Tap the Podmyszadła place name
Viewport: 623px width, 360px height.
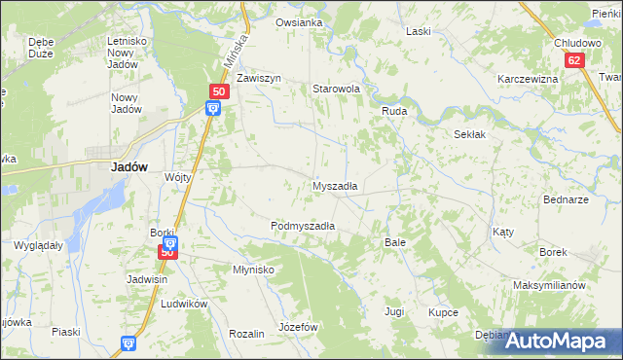pyautogui.click(x=303, y=226)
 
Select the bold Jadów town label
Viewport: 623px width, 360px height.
pyautogui.click(x=129, y=166)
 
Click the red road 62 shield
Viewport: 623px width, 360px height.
pyautogui.click(x=575, y=60)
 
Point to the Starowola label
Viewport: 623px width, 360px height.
pyautogui.click(x=336, y=89)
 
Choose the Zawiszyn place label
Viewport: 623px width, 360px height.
pyautogui.click(x=258, y=78)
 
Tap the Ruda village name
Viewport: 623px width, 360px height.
pyautogui.click(x=393, y=112)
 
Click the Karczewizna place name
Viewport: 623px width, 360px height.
pyautogui.click(x=527, y=79)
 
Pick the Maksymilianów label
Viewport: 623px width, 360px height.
pyautogui.click(x=549, y=286)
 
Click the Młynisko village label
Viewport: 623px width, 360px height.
pyautogui.click(x=253, y=270)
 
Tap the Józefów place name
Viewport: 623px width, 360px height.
pyautogui.click(x=299, y=327)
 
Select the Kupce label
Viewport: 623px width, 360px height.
pyautogui.click(x=443, y=312)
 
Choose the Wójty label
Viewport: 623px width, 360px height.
pyautogui.click(x=177, y=177)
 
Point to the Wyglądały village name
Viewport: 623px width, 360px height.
pyautogui.click(x=38, y=246)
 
